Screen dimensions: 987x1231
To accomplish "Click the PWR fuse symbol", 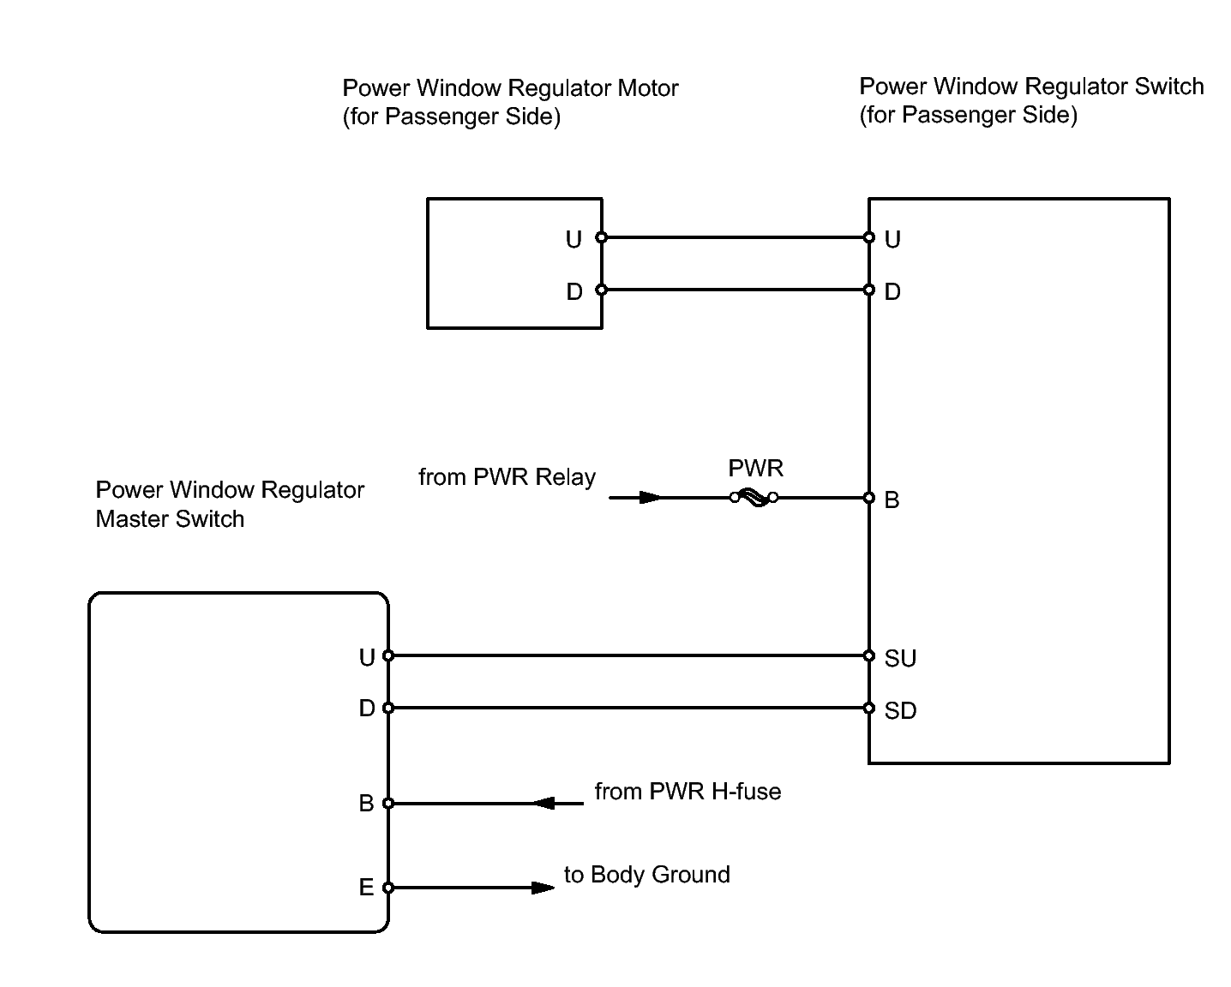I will click(x=754, y=498).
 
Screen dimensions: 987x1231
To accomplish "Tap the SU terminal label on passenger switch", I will click(x=900, y=658).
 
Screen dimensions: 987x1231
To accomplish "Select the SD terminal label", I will click(x=900, y=710).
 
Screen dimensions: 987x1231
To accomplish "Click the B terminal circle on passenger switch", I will click(x=869, y=498).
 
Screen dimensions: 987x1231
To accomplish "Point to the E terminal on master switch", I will click(x=388, y=888).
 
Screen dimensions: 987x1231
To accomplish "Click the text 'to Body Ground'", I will click(x=646, y=875).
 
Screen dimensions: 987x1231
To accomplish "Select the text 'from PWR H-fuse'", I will click(x=688, y=791).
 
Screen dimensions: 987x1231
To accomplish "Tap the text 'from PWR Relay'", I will click(x=507, y=477).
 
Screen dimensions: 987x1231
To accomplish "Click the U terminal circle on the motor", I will click(x=602, y=237).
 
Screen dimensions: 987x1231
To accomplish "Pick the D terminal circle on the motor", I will click(x=602, y=290).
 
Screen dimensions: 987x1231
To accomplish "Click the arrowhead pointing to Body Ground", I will click(x=543, y=888).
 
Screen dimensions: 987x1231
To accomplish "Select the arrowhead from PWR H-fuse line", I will click(x=545, y=804).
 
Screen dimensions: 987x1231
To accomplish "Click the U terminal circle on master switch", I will click(x=388, y=656).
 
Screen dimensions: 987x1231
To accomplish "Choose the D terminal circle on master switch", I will click(x=388, y=709).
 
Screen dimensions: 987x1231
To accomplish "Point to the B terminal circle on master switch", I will click(x=388, y=804).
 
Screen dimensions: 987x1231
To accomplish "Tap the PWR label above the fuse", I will click(x=755, y=469).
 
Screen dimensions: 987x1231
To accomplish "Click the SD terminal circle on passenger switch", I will click(x=869, y=709).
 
